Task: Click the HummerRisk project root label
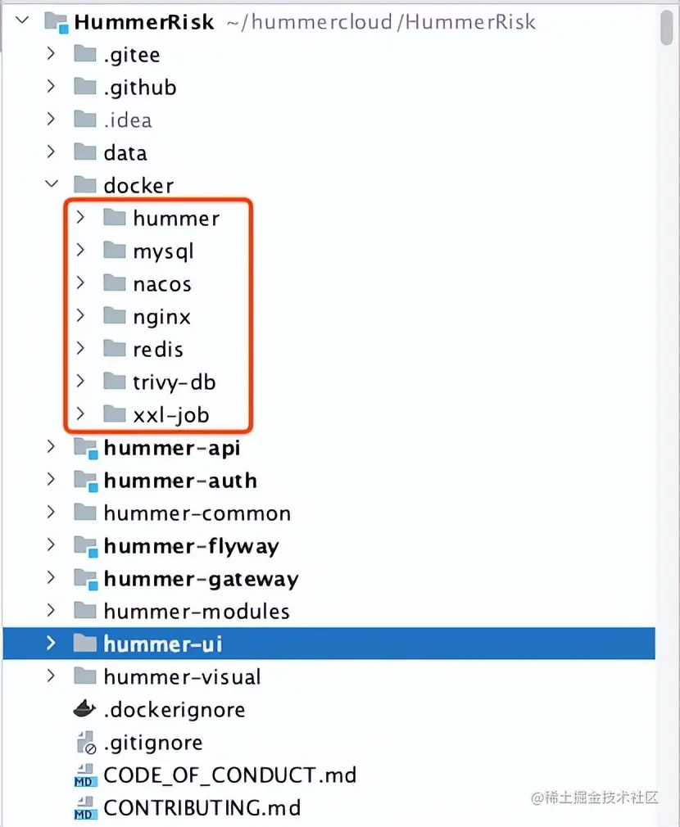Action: (x=143, y=22)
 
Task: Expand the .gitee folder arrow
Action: (x=51, y=54)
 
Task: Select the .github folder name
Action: (x=139, y=88)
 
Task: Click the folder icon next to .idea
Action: (x=84, y=120)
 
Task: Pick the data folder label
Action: (x=125, y=153)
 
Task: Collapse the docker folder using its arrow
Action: (x=51, y=185)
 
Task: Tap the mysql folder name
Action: (x=163, y=251)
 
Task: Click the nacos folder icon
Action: (x=115, y=283)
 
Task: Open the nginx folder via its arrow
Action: (x=80, y=316)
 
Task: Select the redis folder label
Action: (x=158, y=350)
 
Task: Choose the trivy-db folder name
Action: (x=175, y=382)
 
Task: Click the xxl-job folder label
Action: (x=170, y=415)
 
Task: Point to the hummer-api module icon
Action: (x=84, y=448)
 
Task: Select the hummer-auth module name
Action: (x=180, y=481)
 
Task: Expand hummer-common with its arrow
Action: (x=51, y=513)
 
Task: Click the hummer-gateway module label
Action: (x=201, y=579)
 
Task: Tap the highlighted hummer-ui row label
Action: (x=162, y=644)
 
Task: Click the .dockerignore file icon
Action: (x=84, y=709)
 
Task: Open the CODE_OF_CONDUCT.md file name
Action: (x=229, y=775)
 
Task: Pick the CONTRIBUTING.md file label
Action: (x=202, y=808)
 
